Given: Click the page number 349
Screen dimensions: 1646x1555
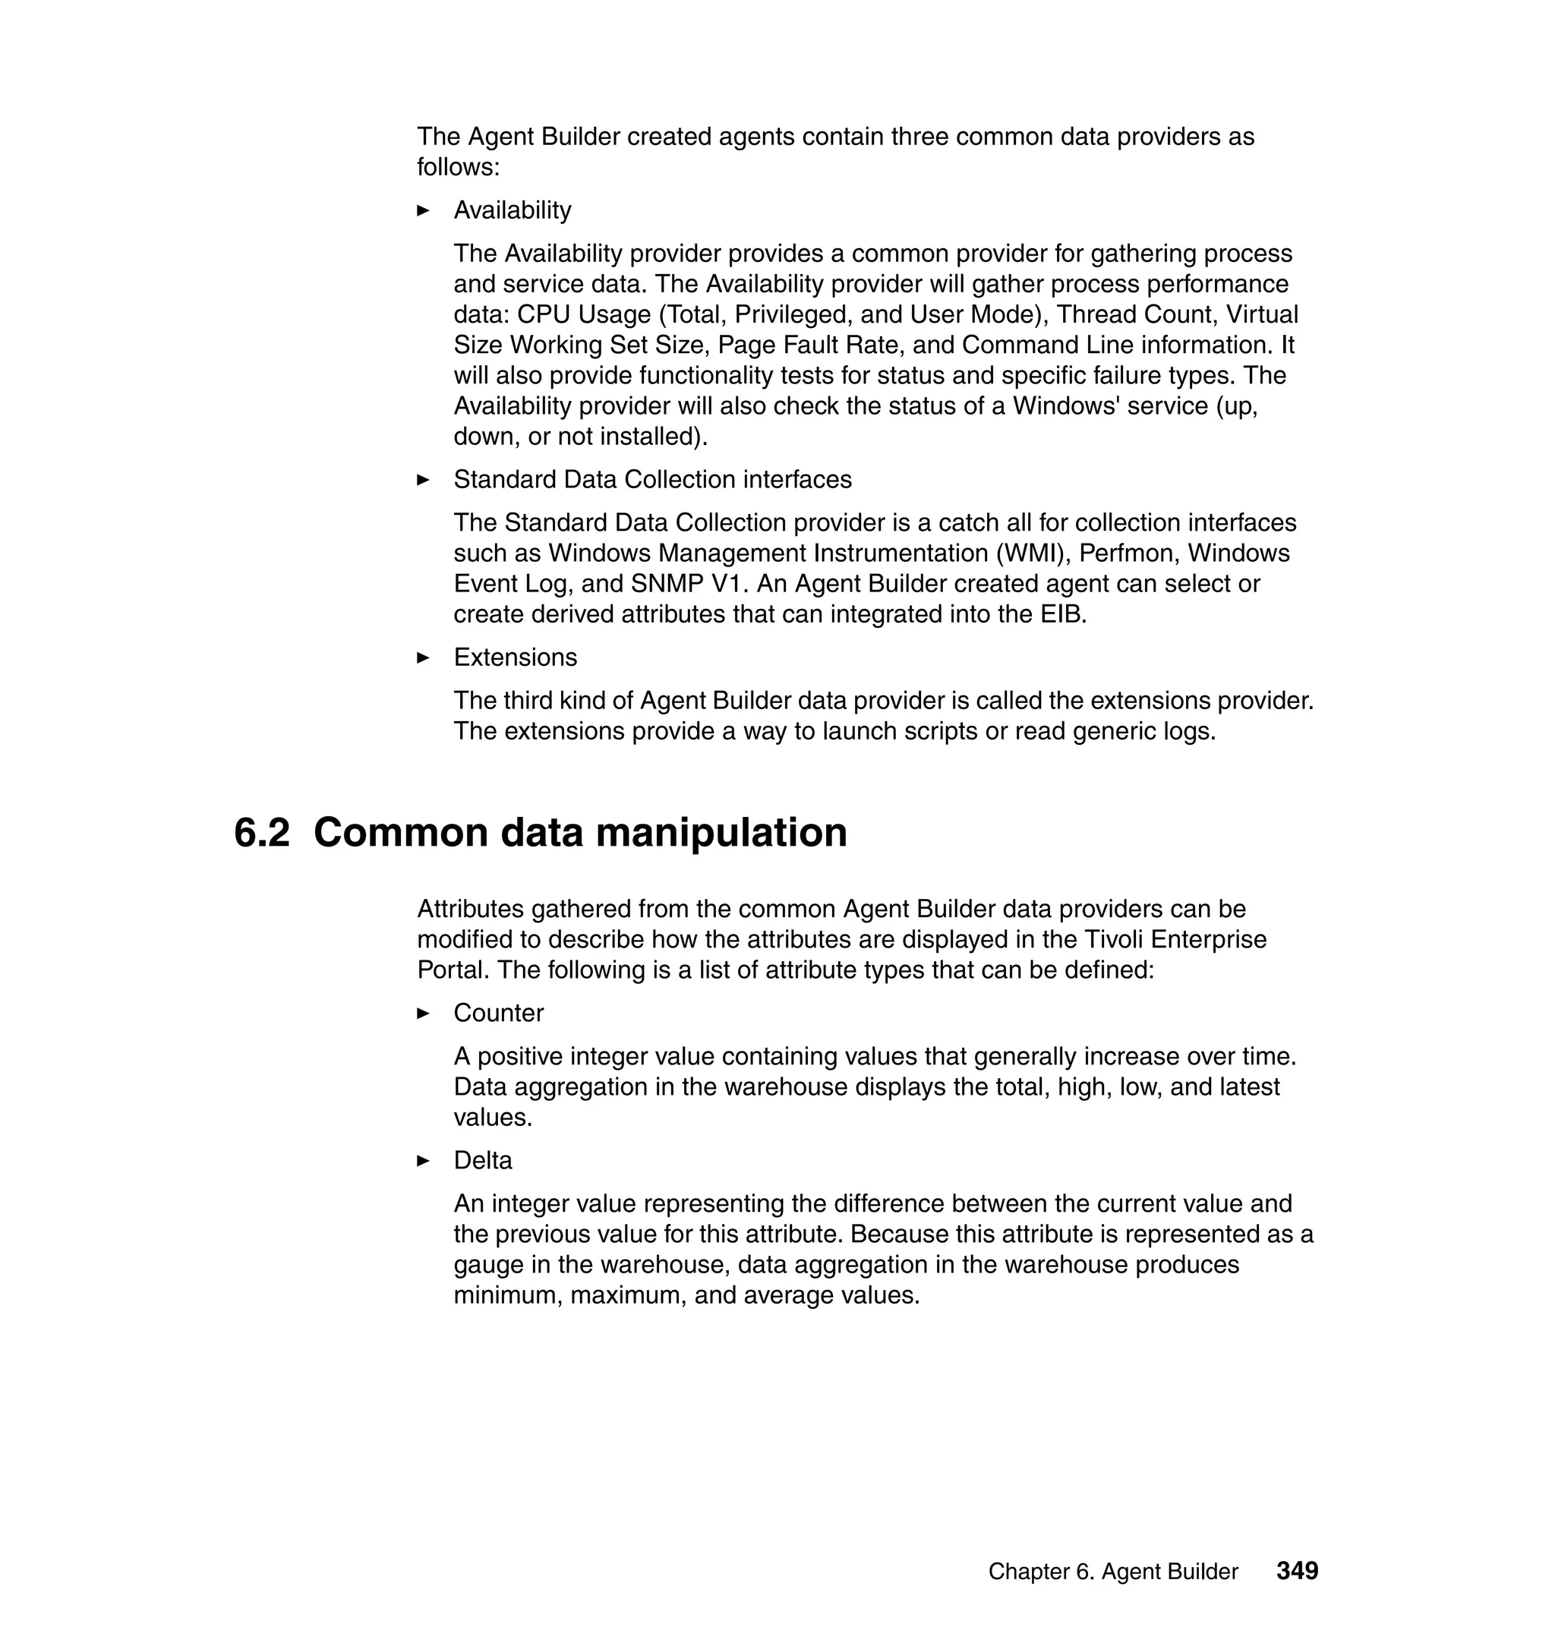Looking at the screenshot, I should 1297,1571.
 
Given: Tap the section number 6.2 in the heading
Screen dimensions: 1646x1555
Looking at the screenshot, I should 262,832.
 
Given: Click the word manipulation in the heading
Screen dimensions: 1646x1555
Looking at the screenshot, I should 721,832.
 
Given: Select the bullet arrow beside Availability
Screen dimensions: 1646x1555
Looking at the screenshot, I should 423,210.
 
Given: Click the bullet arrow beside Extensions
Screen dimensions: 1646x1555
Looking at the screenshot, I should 423,658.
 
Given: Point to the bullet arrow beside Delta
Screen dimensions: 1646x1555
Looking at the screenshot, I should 423,1161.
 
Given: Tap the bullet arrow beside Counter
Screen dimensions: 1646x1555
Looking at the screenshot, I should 423,1014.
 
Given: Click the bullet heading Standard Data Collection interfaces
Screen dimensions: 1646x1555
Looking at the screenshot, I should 652,480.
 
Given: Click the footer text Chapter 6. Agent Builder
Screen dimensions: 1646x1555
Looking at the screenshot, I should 1112,1572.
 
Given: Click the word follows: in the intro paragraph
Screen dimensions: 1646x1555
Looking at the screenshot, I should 458,168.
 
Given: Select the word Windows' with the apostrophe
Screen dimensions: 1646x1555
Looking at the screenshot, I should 1065,406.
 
